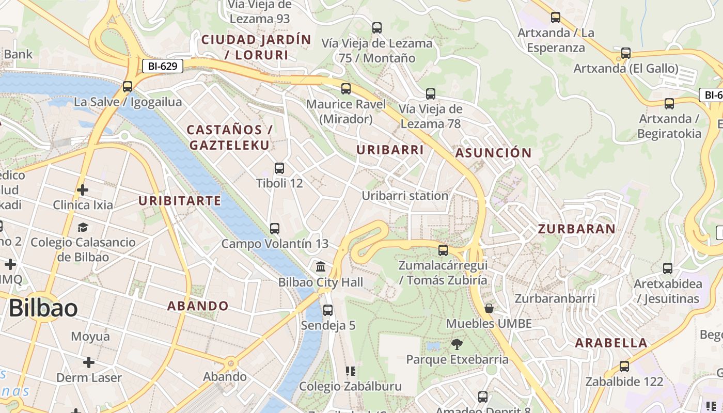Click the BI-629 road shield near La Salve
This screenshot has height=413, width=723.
click(x=163, y=66)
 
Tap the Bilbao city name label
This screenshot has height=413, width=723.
click(x=43, y=308)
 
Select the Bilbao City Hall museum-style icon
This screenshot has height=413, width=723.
click(x=321, y=267)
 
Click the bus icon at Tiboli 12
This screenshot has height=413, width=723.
click(x=279, y=168)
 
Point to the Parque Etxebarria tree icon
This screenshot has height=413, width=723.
click(x=457, y=344)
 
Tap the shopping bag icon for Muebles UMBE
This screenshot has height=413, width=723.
click(x=489, y=308)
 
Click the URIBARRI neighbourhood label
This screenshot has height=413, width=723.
click(x=390, y=150)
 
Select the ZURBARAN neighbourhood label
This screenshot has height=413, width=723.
click(x=576, y=229)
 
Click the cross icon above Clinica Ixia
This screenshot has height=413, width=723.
click(x=83, y=190)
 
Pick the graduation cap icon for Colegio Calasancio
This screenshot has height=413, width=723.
click(x=83, y=227)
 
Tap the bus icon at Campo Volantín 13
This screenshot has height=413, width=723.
click(x=275, y=228)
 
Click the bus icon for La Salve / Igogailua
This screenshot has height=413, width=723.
click(x=128, y=87)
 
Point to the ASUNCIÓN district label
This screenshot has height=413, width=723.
click(x=493, y=153)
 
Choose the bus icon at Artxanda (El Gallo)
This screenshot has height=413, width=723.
click(x=626, y=53)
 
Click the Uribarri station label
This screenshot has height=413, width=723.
click(x=405, y=196)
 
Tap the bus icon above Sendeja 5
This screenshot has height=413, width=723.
click(x=328, y=310)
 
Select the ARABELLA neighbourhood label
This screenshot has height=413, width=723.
click(x=611, y=343)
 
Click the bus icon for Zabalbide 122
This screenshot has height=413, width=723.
click(x=624, y=367)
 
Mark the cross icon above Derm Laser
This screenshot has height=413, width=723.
click(x=89, y=362)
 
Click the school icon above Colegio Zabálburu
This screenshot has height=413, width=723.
click(x=351, y=371)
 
